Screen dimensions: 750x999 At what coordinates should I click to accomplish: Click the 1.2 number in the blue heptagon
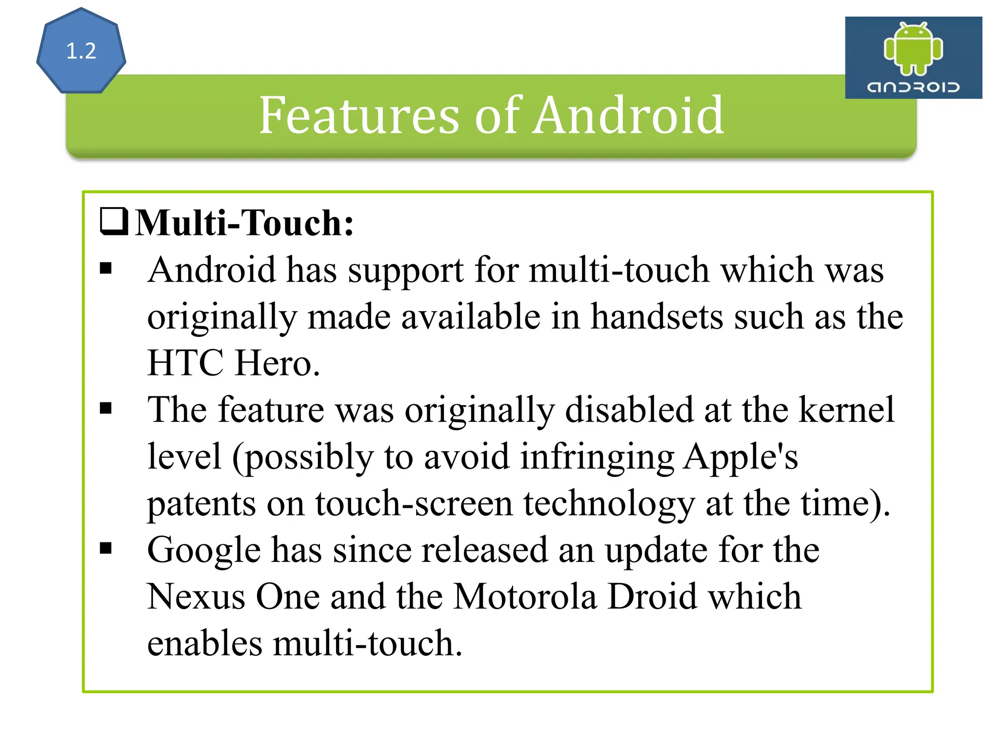pos(81,51)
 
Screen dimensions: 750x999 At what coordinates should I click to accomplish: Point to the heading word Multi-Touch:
pos(244,223)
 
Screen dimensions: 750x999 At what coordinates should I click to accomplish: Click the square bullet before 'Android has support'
pos(106,268)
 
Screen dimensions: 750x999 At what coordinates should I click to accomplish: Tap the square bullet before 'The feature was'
pos(106,408)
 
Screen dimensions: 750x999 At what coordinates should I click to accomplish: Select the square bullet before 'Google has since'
pos(106,548)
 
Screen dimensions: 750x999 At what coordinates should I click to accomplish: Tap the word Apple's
pos(740,457)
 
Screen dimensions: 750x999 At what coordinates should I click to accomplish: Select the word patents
pos(201,504)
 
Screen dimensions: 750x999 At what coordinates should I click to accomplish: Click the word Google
pos(204,551)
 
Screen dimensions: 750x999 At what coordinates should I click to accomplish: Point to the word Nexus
pos(196,597)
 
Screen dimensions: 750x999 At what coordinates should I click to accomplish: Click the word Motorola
pos(525,597)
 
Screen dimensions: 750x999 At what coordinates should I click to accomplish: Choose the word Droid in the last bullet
pos(652,597)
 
